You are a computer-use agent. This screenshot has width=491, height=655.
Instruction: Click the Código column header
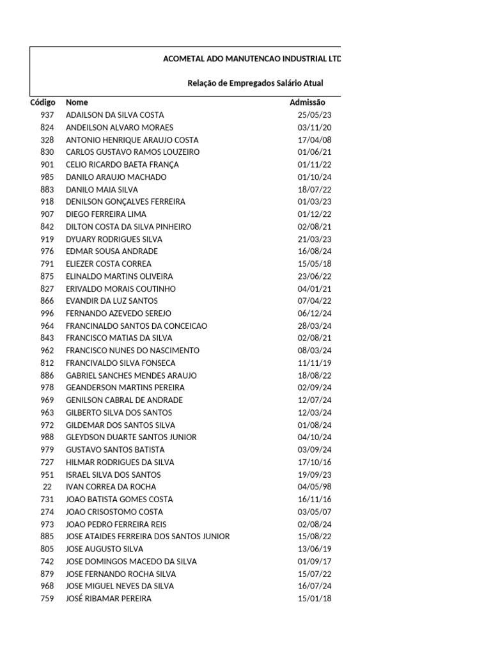pyautogui.click(x=43, y=102)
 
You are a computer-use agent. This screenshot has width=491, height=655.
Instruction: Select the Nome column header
pyautogui.click(x=77, y=102)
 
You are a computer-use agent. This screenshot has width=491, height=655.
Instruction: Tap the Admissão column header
pyautogui.click(x=308, y=102)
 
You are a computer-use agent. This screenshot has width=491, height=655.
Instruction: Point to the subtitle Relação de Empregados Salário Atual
pyautogui.click(x=255, y=83)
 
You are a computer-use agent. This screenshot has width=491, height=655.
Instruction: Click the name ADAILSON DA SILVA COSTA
pyautogui.click(x=115, y=115)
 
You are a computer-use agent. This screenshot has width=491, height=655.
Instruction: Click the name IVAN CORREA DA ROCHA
pyautogui.click(x=111, y=487)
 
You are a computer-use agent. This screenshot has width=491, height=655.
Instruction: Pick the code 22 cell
pyautogui.click(x=47, y=487)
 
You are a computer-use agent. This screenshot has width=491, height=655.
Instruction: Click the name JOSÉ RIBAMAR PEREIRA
pyautogui.click(x=109, y=599)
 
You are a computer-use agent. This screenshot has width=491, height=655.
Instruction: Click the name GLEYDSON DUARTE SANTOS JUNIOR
pyautogui.click(x=131, y=438)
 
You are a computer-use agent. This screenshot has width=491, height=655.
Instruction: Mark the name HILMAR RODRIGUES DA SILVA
pyautogui.click(x=120, y=462)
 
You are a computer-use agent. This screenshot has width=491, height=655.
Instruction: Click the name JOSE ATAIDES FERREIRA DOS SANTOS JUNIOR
pyautogui.click(x=148, y=537)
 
